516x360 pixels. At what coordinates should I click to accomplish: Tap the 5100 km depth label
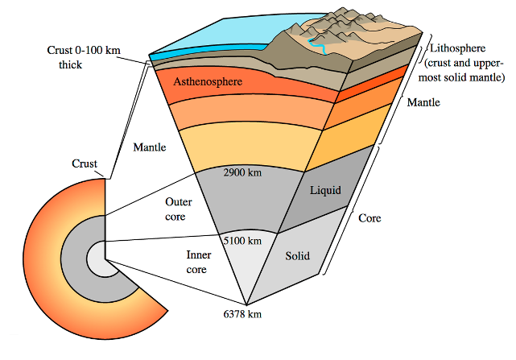241,240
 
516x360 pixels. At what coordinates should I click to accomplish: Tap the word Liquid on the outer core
326,190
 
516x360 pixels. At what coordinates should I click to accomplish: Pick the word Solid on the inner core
297,257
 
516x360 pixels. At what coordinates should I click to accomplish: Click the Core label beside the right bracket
369,218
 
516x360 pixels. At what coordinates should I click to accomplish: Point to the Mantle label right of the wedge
423,102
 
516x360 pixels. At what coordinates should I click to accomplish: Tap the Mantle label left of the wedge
149,147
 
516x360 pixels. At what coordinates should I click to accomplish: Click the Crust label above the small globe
85,163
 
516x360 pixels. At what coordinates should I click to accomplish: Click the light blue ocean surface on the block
217,36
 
